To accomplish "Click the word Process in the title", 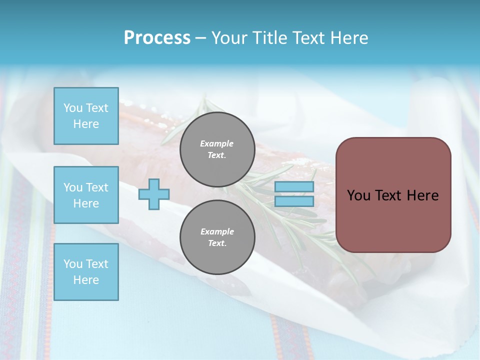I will (157, 38).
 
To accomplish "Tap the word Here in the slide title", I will (348, 38).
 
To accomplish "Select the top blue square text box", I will (86, 116).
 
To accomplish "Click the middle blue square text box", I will (86, 195).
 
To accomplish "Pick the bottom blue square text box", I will (86, 272).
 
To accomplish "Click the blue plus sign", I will (154, 194).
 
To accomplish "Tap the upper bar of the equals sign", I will (294, 186).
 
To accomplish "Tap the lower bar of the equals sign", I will (294, 201).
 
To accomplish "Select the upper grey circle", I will (217, 149).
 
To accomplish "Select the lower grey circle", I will (217, 237).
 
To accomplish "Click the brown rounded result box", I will (393, 194).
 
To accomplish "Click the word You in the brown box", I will (358, 195).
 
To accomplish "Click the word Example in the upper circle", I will (217, 143).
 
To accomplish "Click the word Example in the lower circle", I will (217, 231).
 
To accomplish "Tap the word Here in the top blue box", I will (86, 124).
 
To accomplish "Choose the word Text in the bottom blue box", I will (97, 264).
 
